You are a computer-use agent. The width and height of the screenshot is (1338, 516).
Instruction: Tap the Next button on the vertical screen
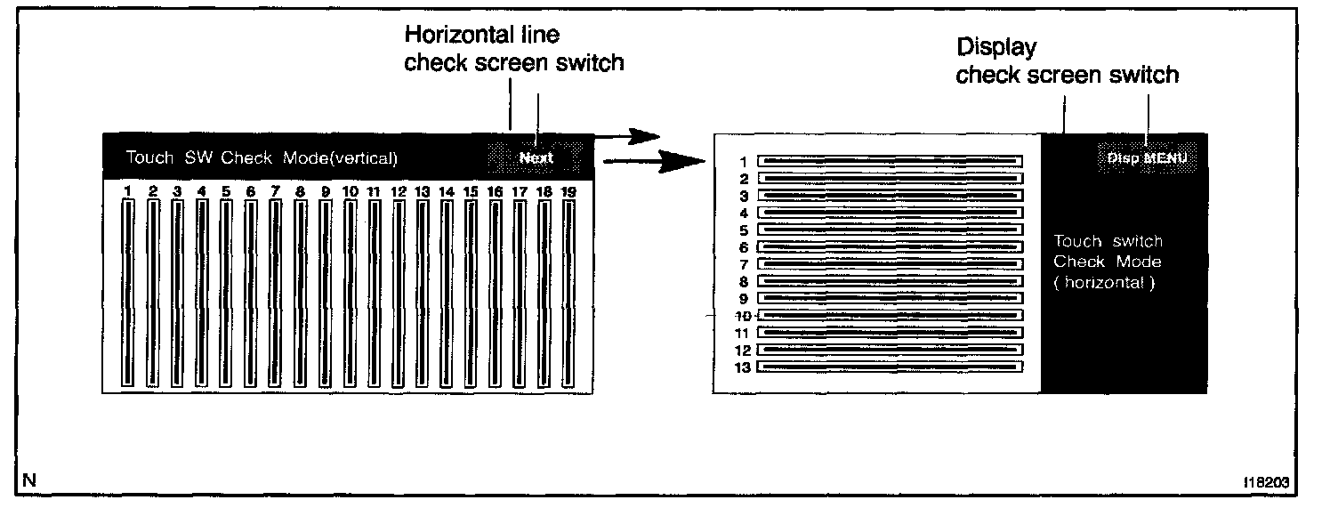coord(536,157)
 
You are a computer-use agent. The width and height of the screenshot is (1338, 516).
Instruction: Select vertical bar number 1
coord(128,292)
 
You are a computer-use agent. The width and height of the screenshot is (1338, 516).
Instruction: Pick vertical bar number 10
coord(350,292)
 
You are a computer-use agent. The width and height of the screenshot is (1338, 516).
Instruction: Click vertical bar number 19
coord(568,292)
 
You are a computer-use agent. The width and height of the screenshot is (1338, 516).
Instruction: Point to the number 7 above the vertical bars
coord(275,190)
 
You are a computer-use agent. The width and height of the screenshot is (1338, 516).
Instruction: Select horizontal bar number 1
coord(890,161)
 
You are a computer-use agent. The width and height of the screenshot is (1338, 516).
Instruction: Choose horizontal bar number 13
coord(890,366)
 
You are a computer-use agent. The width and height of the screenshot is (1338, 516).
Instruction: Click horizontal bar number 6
coord(890,246)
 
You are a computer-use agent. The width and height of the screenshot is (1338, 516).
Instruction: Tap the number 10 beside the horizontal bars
coord(743,316)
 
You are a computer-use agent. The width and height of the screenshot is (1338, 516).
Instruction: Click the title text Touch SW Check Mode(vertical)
coord(262,158)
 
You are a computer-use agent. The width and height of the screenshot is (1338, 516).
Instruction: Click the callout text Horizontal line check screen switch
coord(513,49)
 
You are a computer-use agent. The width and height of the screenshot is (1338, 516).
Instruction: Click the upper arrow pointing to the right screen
coord(626,137)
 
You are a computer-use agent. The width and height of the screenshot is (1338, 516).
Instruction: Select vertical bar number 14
coord(447,292)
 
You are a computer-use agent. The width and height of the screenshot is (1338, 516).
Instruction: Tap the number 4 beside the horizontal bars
coord(744,213)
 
